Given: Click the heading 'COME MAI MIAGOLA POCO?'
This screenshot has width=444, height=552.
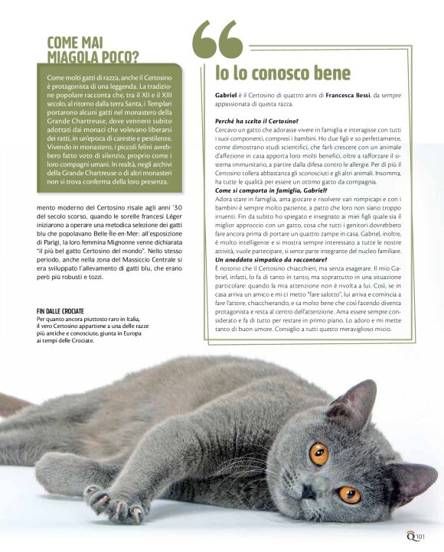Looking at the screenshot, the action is [x=93, y=49].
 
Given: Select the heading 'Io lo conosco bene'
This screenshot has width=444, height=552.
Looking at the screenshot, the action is [x=282, y=73].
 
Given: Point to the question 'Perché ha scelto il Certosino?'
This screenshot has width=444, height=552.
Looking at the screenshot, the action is [x=256, y=121].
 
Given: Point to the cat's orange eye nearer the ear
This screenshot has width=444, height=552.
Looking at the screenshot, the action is [x=318, y=453].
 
